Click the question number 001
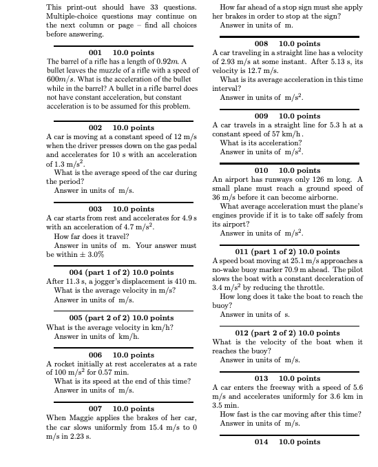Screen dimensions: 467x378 (96, 52)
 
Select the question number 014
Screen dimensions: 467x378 (261, 442)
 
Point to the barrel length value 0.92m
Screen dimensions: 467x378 (166, 62)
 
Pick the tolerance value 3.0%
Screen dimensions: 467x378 (94, 254)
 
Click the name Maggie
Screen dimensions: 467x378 (83, 417)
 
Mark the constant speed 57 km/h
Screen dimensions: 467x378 (271, 134)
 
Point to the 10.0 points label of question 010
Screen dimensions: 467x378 (299, 170)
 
